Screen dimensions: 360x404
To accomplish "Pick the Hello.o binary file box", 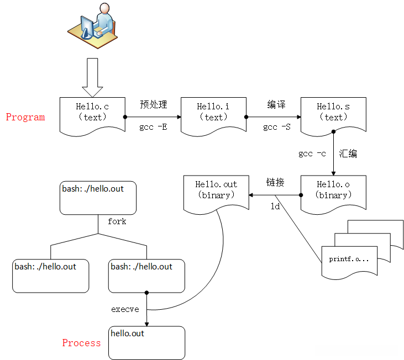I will click(333, 190).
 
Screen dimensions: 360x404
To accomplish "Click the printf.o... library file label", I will click(349, 259).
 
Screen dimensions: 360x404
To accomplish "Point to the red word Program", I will click(25, 117).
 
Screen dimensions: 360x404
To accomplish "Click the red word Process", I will click(81, 343).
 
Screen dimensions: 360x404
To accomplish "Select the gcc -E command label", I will click(153, 128).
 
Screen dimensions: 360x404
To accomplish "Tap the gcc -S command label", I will click(277, 128).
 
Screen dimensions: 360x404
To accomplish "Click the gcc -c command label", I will click(312, 153).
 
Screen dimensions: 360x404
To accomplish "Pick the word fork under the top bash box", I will click(117, 221).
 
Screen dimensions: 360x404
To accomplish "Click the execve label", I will click(125, 309).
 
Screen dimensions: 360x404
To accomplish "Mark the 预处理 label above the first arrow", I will click(153, 104).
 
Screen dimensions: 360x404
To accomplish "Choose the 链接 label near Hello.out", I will click(275, 182).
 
